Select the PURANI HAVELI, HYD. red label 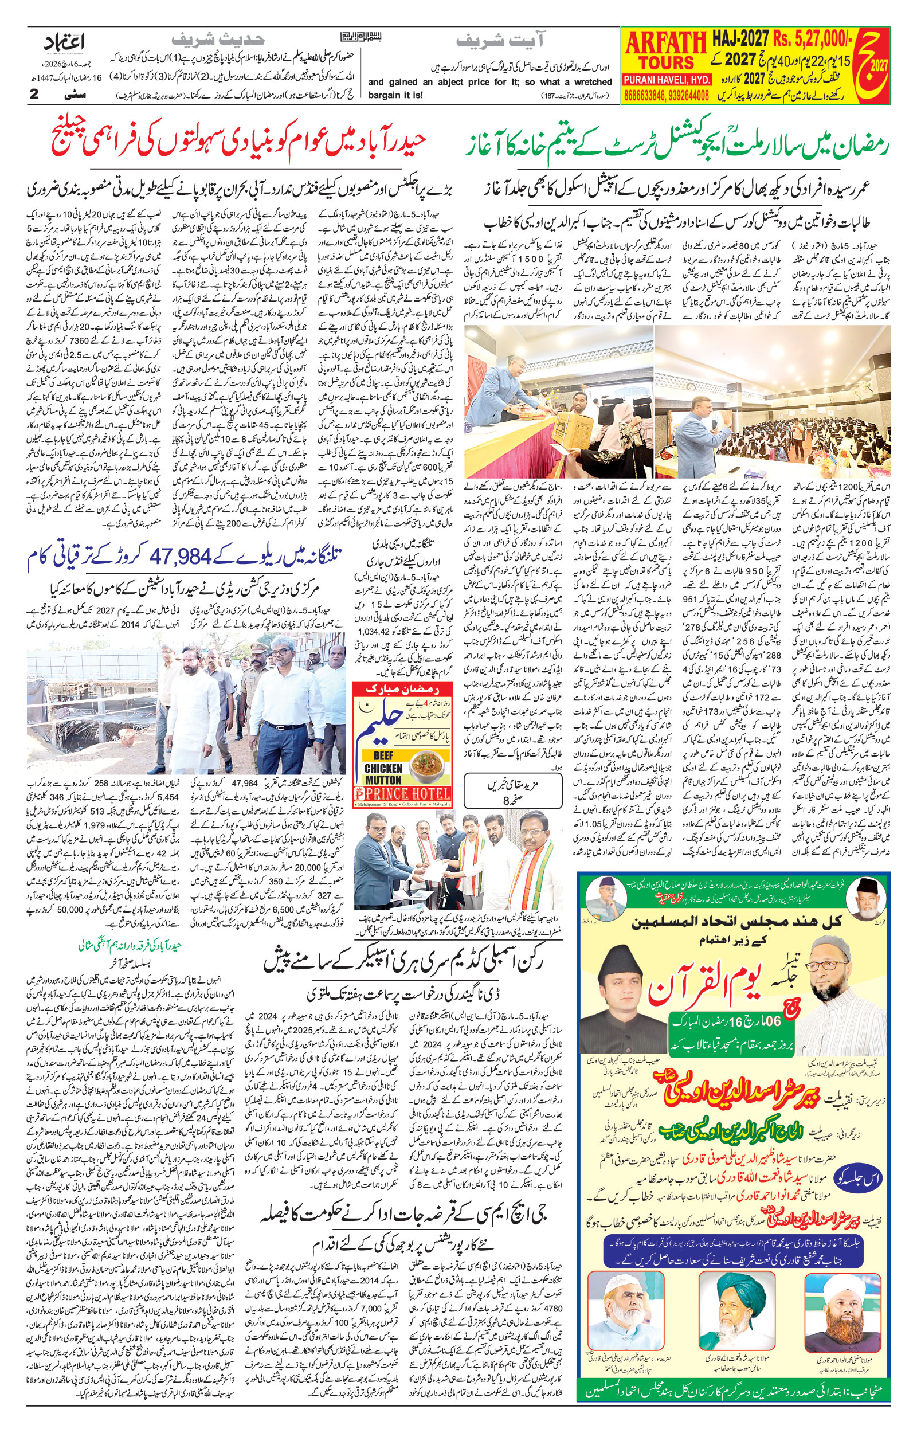[x=667, y=80]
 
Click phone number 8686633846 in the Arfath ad [x=645, y=95]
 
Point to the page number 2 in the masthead [x=34, y=94]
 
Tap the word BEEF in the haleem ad [x=379, y=755]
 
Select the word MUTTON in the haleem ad [x=383, y=780]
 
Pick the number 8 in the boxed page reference [x=506, y=802]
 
